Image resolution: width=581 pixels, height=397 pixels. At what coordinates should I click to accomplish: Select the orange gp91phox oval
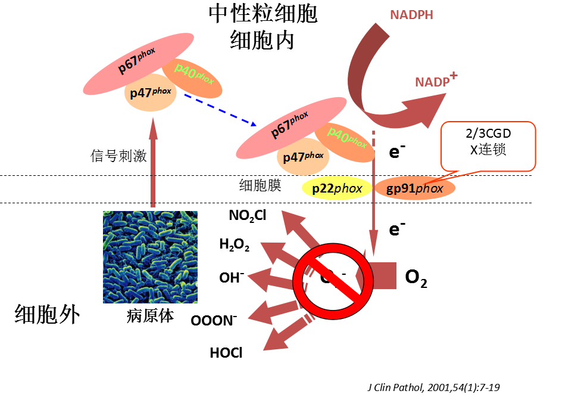415,188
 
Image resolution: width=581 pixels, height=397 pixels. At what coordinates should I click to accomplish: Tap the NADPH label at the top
411,15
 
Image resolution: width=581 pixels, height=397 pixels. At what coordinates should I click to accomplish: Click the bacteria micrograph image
150,257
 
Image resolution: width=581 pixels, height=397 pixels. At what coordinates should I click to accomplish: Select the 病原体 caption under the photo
150,315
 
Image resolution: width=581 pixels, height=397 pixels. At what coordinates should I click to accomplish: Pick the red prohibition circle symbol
328,277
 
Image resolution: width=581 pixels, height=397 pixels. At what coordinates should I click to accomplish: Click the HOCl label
226,353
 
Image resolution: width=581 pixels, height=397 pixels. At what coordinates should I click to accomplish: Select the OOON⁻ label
214,320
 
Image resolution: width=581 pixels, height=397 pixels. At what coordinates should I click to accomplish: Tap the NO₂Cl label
247,216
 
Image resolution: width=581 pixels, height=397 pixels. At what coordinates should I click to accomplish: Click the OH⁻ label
232,278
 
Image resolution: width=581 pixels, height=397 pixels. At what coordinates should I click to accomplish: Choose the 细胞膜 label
256,186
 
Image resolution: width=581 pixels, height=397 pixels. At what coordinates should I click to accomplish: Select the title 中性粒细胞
263,14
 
